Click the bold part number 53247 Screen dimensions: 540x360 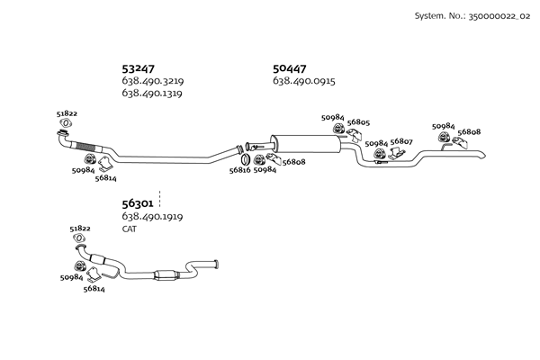(x=138, y=69)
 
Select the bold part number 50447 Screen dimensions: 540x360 (x=289, y=69)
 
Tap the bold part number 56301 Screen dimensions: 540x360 (x=138, y=203)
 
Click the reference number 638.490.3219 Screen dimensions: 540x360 (x=153, y=81)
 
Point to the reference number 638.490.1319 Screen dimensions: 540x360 (x=152, y=93)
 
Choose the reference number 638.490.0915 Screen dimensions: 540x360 (x=304, y=81)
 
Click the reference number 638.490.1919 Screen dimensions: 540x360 (x=152, y=216)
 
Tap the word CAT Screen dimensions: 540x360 (x=129, y=229)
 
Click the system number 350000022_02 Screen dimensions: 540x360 (x=499, y=16)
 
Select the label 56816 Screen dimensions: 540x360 (x=239, y=170)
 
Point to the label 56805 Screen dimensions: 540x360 (x=358, y=122)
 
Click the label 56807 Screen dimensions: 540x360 (x=401, y=141)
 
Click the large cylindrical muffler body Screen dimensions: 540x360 (x=306, y=144)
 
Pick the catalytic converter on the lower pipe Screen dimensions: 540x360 (x=166, y=274)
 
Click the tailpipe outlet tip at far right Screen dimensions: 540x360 (x=482, y=156)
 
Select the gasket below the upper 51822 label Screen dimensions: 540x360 (x=66, y=122)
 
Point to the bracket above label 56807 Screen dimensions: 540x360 (x=398, y=154)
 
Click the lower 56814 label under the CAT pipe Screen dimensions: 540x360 (x=94, y=289)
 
